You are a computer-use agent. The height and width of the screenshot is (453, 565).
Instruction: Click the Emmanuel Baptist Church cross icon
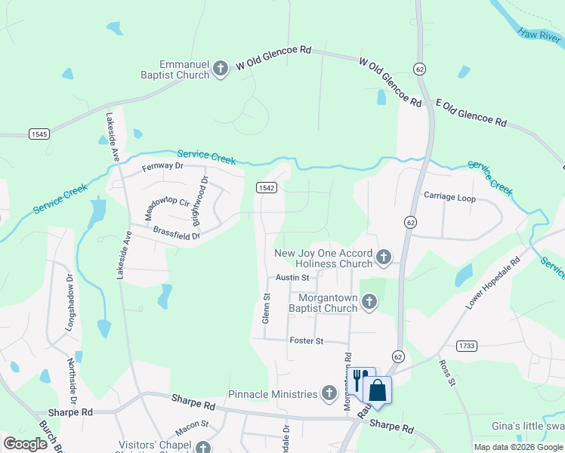pyautogui.click(x=221, y=69)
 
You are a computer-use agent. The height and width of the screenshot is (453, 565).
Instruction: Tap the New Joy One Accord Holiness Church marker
pyautogui.click(x=384, y=258)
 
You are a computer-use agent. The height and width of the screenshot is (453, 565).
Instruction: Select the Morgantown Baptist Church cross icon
pyautogui.click(x=369, y=303)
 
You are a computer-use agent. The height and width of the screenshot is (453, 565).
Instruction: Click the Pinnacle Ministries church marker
pyautogui.click(x=329, y=393)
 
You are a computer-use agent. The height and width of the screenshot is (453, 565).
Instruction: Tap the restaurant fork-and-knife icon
pyautogui.click(x=360, y=378)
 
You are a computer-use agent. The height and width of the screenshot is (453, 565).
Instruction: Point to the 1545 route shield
pyautogui.click(x=39, y=134)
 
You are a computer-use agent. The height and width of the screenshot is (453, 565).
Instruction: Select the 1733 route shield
pyautogui.click(x=467, y=346)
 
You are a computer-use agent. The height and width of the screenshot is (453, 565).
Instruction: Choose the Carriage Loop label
pyautogui.click(x=449, y=198)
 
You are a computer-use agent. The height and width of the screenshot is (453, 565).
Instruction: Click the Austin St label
pyautogui.click(x=292, y=278)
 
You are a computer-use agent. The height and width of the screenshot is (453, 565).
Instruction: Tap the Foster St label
pyautogui.click(x=307, y=341)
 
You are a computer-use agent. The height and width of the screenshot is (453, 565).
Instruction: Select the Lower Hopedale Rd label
pyautogui.click(x=494, y=284)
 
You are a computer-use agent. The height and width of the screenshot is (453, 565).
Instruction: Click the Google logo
pyautogui.click(x=25, y=444)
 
